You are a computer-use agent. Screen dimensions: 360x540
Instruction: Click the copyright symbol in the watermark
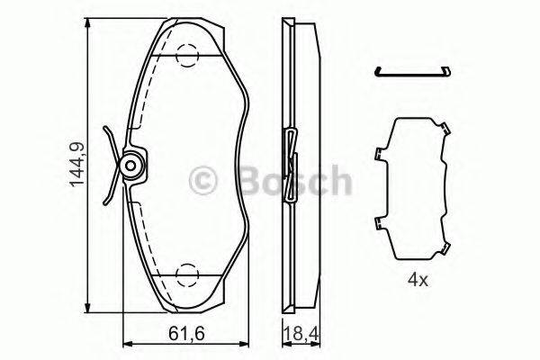pyautogui.click(x=202, y=183)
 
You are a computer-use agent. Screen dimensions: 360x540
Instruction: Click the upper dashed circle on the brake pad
pyautogui.click(x=187, y=56)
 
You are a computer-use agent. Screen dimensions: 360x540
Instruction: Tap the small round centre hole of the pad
pyautogui.click(x=131, y=166)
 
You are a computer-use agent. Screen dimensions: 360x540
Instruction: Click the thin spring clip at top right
pyautogui.click(x=414, y=72)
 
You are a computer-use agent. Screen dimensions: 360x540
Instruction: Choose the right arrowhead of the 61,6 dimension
pyautogui.click(x=244, y=343)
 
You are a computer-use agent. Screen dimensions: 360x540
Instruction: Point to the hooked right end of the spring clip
pyautogui.click(x=447, y=69)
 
